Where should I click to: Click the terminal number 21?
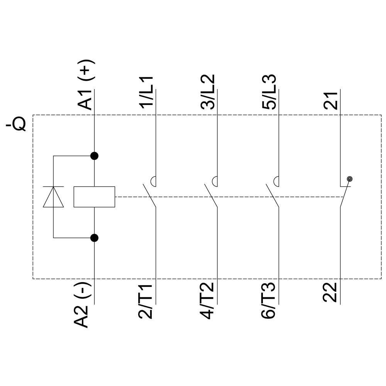[331, 100]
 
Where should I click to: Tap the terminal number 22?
[330, 293]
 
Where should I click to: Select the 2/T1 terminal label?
[146, 302]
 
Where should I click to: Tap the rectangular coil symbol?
[94, 197]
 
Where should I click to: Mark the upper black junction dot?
[94, 156]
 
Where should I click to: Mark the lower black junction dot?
[94, 238]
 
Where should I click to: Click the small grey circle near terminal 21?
[350, 179]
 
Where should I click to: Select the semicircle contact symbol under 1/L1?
[153, 180]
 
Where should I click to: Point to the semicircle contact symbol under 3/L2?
[215, 180]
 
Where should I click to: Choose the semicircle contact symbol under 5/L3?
[276, 180]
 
